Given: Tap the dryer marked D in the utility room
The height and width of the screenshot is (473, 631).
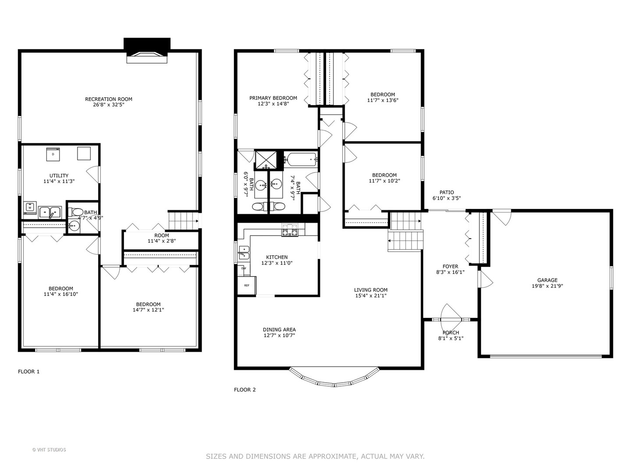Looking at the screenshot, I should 53,154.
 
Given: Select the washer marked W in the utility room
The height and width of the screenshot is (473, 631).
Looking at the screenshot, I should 30,207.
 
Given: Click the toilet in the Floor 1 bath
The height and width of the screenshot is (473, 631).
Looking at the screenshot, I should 77,212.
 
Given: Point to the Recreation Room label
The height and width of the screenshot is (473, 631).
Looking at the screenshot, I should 108,99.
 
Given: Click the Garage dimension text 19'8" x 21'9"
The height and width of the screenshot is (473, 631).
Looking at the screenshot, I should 547,286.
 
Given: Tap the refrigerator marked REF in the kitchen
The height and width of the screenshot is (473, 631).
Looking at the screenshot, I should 246,285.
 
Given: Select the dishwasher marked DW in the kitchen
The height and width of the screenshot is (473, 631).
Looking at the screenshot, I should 244,268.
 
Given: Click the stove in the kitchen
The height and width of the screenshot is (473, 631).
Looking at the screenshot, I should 290,230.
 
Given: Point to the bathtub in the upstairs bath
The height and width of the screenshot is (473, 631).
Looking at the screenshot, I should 301,159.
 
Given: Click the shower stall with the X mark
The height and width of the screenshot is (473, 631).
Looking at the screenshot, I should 266,160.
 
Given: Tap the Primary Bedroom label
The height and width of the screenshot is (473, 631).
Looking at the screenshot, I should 273,98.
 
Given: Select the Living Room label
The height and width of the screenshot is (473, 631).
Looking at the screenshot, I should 371,289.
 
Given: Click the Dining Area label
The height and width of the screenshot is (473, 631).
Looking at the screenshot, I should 279,330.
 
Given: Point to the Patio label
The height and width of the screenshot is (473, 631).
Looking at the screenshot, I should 447,192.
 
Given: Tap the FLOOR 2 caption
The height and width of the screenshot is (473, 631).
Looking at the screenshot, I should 245,390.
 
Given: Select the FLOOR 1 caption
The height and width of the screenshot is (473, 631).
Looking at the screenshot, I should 28,372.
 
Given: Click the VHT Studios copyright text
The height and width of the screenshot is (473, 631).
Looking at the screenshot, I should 49,450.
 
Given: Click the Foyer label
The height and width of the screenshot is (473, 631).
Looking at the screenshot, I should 450,266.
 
